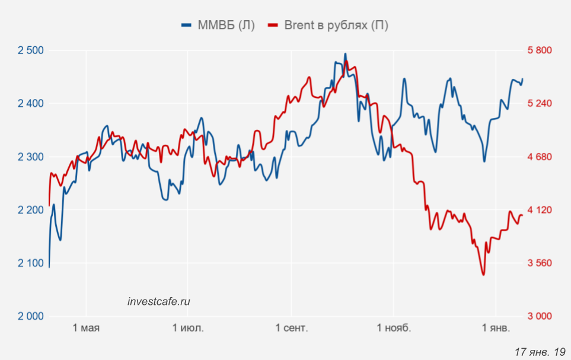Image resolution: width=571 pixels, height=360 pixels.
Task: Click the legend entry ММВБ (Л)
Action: [x=218, y=25]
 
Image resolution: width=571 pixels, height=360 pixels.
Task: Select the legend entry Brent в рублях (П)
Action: [x=329, y=25]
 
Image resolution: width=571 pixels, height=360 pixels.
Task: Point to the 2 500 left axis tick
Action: [x=31, y=50]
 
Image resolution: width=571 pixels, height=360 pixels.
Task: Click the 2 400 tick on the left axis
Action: [x=31, y=104]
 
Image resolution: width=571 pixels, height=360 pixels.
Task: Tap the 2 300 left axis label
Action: [x=31, y=157]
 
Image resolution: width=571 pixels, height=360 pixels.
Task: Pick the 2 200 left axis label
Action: [x=31, y=210]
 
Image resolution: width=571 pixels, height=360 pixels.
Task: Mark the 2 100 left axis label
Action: [x=31, y=263]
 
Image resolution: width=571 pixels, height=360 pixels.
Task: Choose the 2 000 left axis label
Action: [x=31, y=316]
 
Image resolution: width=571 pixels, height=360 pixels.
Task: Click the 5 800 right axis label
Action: [x=540, y=50]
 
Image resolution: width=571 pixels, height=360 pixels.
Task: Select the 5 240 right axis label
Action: [x=540, y=104]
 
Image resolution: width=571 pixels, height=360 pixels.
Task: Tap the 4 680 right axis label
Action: [x=540, y=157]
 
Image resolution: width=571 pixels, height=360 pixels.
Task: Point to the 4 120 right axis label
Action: [x=540, y=210]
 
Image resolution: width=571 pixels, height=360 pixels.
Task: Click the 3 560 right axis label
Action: [x=540, y=263]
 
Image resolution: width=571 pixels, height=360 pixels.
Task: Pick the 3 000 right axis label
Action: [x=540, y=316]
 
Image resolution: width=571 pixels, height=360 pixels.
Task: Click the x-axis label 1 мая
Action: [x=86, y=329]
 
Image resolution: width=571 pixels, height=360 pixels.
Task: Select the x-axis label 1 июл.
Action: [x=188, y=329]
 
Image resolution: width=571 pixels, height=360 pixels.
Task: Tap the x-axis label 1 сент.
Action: [x=291, y=329]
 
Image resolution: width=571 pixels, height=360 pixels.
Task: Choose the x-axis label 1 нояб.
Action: [x=393, y=329]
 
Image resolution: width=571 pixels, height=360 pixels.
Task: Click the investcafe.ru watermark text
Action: [x=159, y=301]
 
